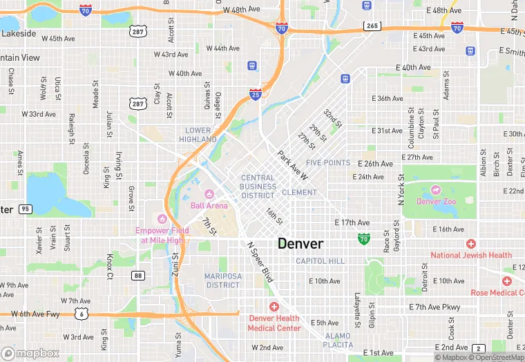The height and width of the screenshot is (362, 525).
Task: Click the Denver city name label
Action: click(300, 244)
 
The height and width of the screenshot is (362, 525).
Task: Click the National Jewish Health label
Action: click(471, 255)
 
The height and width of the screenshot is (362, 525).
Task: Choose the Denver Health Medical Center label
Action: click(274, 323)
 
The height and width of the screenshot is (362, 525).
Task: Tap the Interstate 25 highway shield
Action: click(256, 95)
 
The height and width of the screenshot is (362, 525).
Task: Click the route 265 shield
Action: click(373, 26)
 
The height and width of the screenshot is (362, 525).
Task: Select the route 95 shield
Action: click(26, 209)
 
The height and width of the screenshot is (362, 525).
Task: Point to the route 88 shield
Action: click(139, 276)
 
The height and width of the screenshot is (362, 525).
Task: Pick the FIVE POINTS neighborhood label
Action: click(328, 163)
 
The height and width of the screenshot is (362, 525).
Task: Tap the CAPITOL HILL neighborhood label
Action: click(320, 261)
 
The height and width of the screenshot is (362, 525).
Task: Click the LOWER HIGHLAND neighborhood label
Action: click(198, 135)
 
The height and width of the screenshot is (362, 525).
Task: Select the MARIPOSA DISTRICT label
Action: click(223, 280)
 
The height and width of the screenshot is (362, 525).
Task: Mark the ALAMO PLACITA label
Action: click(338, 340)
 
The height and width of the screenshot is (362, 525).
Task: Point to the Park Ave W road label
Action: click(294, 166)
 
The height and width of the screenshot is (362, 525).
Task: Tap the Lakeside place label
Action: click(19, 32)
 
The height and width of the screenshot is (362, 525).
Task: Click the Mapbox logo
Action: click(30, 353)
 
